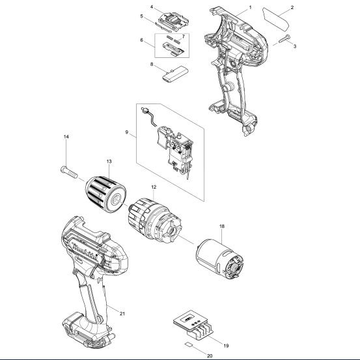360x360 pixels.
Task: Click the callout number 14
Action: click(66, 137)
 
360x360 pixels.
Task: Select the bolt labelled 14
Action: click(69, 173)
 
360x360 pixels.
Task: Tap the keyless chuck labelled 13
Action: click(106, 194)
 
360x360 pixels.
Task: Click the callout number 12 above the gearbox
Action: click(154, 187)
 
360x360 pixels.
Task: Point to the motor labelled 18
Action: click(220, 259)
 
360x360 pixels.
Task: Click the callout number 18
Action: click(222, 227)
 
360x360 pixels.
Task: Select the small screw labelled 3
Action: click(284, 39)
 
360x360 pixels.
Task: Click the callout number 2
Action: click(292, 8)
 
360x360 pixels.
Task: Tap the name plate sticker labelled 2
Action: click(275, 19)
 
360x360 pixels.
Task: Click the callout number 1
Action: click(250, 8)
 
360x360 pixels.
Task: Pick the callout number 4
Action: click(152, 7)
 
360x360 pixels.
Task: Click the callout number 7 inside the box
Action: click(183, 36)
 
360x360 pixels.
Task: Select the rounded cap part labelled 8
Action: click(175, 74)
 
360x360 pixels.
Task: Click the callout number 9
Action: click(127, 132)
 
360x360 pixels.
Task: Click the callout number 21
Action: click(122, 314)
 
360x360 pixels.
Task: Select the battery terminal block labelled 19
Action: click(194, 325)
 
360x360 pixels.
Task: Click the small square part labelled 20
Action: click(189, 344)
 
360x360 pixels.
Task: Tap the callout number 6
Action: click(142, 40)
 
